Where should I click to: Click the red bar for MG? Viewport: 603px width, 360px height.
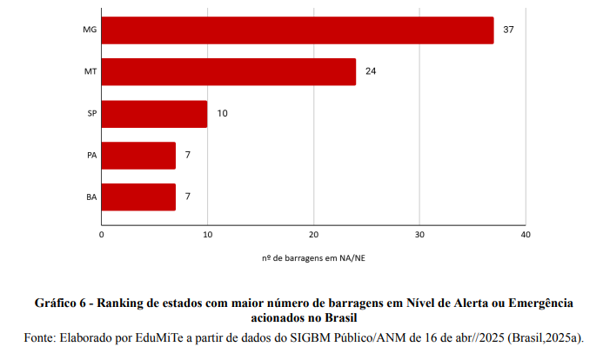point(298,30)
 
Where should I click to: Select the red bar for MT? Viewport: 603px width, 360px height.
point(229,71)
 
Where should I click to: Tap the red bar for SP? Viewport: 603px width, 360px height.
point(154,114)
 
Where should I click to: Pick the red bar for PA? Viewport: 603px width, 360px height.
point(138,156)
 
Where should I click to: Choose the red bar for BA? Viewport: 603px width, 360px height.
point(138,197)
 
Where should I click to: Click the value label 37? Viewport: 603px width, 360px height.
point(509,30)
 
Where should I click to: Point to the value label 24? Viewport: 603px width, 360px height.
point(371,71)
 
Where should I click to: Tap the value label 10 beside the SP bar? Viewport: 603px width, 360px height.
point(222,114)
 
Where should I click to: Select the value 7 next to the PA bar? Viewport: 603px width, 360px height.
point(187,156)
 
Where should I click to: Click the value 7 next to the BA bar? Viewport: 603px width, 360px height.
point(187,197)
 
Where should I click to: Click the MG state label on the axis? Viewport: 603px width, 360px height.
point(90,30)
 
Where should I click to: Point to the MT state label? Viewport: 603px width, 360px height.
point(90,71)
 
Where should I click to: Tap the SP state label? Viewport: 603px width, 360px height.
point(91,114)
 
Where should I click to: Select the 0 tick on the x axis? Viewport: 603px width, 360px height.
point(102,235)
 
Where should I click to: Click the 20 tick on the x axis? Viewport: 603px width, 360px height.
point(313,235)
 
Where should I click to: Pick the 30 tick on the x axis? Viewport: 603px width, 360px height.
point(419,235)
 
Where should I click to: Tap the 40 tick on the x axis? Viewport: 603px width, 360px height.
point(525,235)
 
